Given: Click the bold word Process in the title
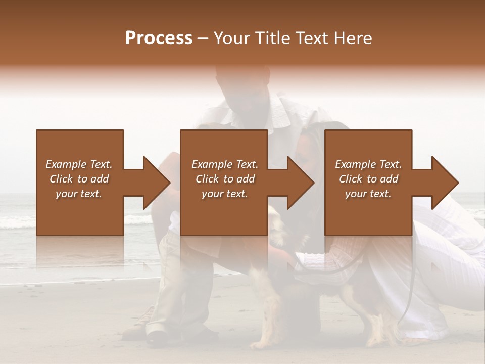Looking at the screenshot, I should click(159, 38).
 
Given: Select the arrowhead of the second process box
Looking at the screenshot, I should click(300, 183).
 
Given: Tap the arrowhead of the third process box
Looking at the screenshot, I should click(445, 183).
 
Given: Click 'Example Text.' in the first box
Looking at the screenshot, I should click(79, 164).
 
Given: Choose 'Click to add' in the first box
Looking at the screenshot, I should click(79, 179).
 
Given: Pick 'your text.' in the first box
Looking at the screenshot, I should click(79, 194).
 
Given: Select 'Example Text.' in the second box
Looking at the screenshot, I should click(225, 164).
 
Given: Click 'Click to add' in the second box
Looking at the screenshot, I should click(225, 179).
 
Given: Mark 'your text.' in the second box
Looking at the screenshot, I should click(225, 194).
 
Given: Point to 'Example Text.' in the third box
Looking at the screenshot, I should click(368, 164).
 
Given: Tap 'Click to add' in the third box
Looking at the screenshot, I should click(368, 179).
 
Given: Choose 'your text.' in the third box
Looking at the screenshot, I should click(368, 194).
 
